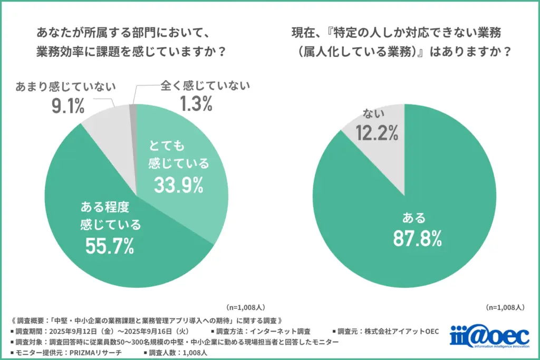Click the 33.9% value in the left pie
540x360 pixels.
pos(179,184)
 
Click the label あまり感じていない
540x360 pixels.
pos(66,86)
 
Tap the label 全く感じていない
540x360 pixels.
pos(196,85)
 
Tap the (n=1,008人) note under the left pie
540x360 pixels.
pos(247,306)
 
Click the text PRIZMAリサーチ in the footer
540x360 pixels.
pos(92,353)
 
